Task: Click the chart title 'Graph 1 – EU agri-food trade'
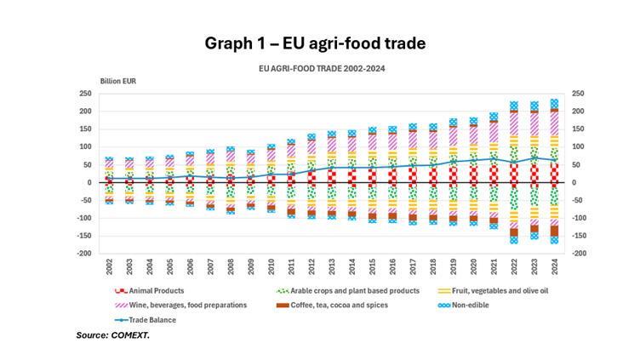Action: tap(315, 43)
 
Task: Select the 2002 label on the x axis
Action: tap(110, 266)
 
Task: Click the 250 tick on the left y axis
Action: tap(86, 94)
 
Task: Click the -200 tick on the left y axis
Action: tap(84, 254)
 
